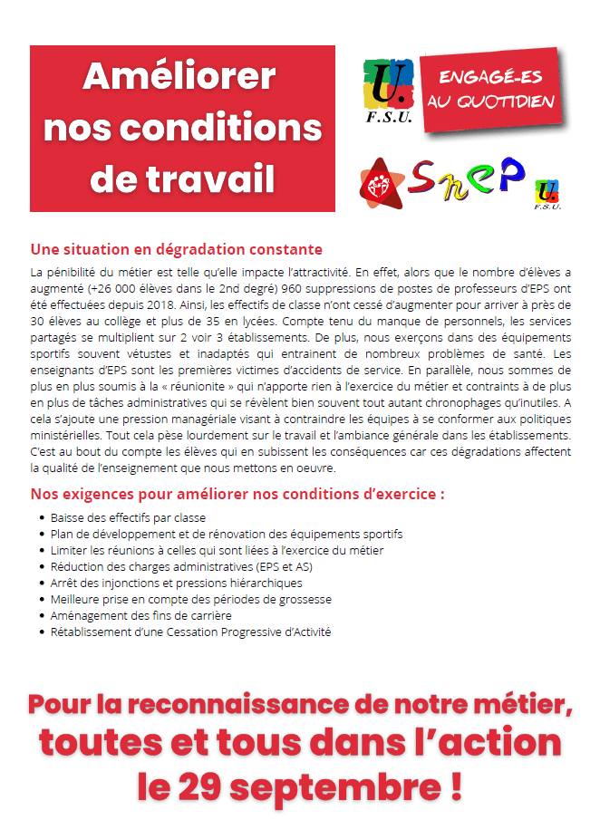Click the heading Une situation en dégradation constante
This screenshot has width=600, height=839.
click(177, 249)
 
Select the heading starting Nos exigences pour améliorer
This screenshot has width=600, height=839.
click(237, 495)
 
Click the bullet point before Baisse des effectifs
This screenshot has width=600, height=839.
click(42, 518)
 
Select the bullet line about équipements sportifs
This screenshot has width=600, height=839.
click(227, 535)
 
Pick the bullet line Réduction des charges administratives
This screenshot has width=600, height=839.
click(181, 567)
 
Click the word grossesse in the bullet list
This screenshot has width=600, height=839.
click(305, 599)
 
